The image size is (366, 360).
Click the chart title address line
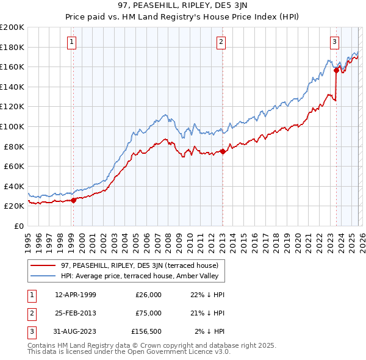click(182, 7)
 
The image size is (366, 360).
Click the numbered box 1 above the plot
click(72, 42)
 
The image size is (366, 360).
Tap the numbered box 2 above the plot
click(221, 42)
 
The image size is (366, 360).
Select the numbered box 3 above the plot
click(335, 42)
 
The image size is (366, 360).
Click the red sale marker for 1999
click(73, 200)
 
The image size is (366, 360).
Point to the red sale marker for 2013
click(223, 151)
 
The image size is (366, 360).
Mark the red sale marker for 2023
click(336, 70)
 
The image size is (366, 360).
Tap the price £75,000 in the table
click(148, 313)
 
